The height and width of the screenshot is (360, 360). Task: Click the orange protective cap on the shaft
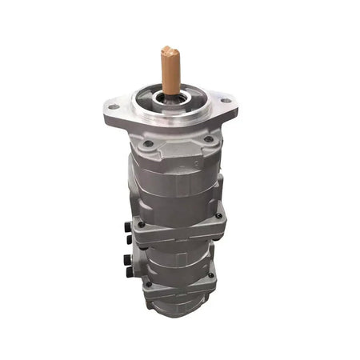(x=170, y=70)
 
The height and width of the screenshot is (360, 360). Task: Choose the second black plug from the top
(x=128, y=239)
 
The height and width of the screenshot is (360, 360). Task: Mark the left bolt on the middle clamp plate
(x=142, y=225)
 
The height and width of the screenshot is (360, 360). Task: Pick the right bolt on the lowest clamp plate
(x=211, y=276)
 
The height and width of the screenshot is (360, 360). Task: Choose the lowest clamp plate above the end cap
(x=178, y=284)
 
